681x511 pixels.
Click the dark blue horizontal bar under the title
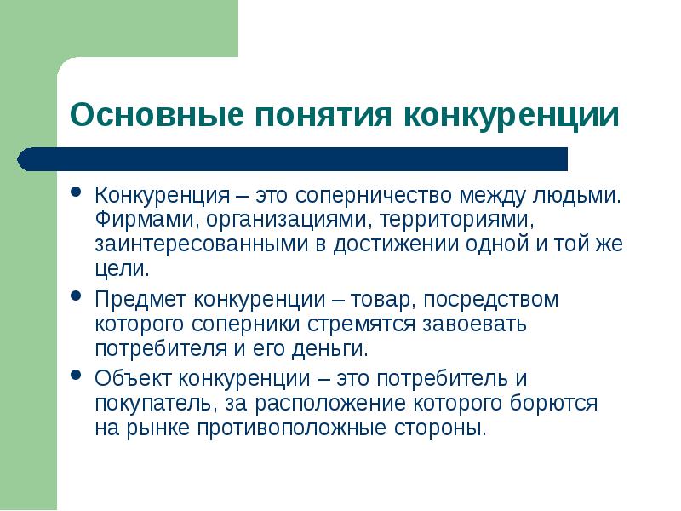pyautogui.click(x=298, y=159)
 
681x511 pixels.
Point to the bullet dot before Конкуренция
pyautogui.click(x=77, y=192)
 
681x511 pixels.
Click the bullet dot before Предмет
pyautogui.click(x=77, y=297)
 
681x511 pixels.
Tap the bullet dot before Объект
pyautogui.click(x=77, y=376)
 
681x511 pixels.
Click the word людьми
pyautogui.click(x=578, y=195)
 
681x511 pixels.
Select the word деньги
pyautogui.click(x=333, y=349)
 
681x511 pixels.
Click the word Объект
pyautogui.click(x=133, y=378)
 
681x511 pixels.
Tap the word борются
pyautogui.click(x=552, y=403)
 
